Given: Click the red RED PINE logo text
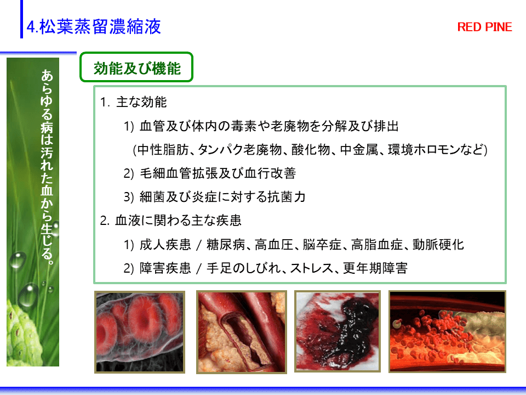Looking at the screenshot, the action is point(484,27).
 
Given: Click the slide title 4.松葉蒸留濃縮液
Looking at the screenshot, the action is point(94,26).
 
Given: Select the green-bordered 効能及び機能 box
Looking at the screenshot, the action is point(136,67).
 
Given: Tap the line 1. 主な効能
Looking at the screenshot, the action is point(133,102).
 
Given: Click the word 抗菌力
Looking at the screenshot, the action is point(286,197).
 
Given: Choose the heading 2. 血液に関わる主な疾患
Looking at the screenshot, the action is point(170,221).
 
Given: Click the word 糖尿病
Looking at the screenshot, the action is point(226,245).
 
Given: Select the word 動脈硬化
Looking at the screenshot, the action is point(438,245).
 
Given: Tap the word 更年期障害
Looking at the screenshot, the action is point(375,268).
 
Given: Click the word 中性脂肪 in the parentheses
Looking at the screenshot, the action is point(163,149).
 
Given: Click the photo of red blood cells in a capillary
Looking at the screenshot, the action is point(140,332).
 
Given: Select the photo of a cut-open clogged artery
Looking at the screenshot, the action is point(242,332).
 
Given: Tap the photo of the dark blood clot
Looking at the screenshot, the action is point(338,331).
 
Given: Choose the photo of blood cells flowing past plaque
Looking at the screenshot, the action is point(447,331).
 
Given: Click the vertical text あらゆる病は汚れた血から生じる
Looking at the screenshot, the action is point(47,167).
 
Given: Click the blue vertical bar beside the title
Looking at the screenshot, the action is point(22,19).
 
